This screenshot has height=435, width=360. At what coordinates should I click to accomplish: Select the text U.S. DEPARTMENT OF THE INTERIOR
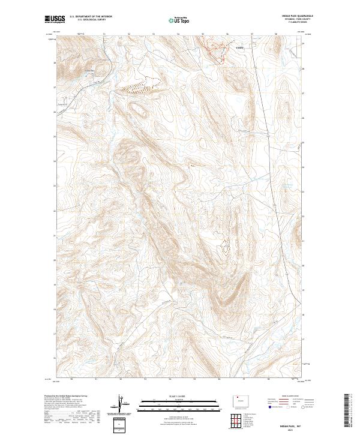(90, 17)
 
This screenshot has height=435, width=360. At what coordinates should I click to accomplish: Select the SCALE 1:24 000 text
(180, 395)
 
